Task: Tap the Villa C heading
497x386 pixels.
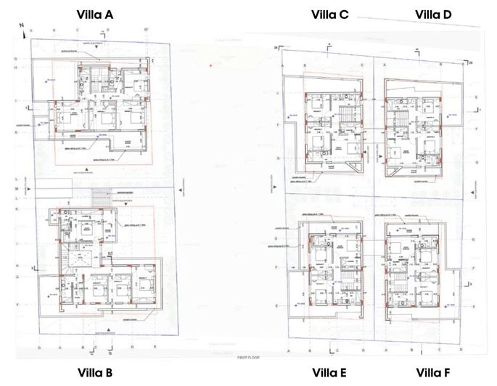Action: (x=330, y=14)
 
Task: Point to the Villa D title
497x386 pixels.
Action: (x=433, y=14)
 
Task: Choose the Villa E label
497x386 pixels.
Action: (x=329, y=373)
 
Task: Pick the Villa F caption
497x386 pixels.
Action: (x=433, y=373)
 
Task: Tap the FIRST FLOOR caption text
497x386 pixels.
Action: (x=248, y=358)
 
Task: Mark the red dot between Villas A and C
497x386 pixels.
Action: (x=210, y=66)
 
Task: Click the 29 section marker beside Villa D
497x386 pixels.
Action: (x=470, y=63)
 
